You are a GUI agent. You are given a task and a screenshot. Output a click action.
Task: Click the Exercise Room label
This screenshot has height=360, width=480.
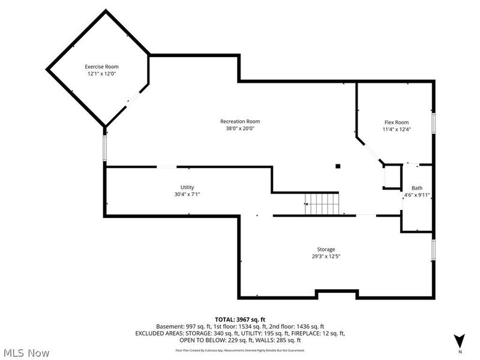coord(101,67)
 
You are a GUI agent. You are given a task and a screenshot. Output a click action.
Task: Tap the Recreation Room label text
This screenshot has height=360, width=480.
coord(240,121)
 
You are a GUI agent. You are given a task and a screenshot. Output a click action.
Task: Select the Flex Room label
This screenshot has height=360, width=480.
coord(397,122)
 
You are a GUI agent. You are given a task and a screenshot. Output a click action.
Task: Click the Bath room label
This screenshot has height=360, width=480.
coord(416,188)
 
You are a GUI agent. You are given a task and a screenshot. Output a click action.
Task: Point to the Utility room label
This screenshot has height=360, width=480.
coord(187,187)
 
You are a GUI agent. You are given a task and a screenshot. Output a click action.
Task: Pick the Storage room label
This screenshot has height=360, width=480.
coord(326,250)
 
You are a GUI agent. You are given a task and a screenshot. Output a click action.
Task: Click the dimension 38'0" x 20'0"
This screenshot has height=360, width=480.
coord(240,128)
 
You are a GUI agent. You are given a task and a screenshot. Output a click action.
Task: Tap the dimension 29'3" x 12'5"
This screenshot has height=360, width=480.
coord(326,257)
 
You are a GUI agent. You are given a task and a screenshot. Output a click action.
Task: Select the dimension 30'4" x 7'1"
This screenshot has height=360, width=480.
coord(187,194)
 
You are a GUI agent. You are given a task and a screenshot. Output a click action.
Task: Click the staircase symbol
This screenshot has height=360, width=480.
coord(322,204)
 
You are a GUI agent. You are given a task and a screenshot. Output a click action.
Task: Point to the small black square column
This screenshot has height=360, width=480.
coord(338,166)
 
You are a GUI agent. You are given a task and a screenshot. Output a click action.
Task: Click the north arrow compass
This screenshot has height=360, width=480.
coord(459,340)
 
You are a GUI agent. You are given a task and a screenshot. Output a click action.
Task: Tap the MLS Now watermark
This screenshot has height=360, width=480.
coord(26,353)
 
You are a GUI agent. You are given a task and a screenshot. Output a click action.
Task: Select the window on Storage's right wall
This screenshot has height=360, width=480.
coord(433,249)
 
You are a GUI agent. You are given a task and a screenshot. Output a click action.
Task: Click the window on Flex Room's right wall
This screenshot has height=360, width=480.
coord(433,121)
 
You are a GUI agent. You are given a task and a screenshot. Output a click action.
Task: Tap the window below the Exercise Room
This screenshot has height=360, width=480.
coord(105,147)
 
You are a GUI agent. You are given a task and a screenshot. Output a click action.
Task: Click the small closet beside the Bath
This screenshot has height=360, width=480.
coord(391,178)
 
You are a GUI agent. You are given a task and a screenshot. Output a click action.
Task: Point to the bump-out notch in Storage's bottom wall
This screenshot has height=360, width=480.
coord(337,293)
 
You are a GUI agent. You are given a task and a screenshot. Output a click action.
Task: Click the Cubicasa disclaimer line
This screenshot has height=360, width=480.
coord(240,350)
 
